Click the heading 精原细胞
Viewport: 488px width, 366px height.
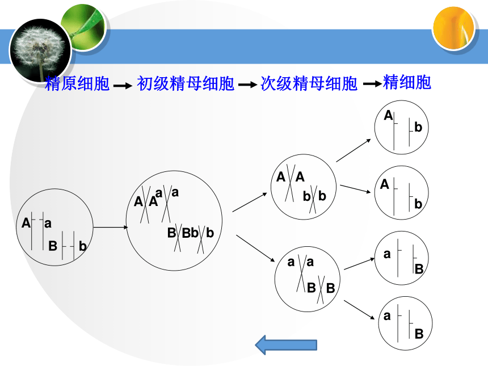point(77,83)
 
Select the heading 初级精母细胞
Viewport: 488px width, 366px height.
point(186,83)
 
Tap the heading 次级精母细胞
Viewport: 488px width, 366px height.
point(309,83)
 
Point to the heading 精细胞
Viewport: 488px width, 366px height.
point(407,82)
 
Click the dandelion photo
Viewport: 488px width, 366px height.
point(40,51)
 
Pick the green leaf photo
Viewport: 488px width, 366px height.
point(83,27)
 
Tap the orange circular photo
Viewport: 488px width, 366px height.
point(453,28)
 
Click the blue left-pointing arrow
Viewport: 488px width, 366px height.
point(286,345)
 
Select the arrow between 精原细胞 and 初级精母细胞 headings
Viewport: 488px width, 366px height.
point(123,86)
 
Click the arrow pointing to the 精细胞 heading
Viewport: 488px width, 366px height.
point(373,84)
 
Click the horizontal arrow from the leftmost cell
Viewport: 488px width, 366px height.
point(111,227)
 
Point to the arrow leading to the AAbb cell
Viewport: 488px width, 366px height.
point(250,203)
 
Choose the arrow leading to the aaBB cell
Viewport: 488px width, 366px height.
point(255,249)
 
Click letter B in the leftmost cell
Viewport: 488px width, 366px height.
point(53,246)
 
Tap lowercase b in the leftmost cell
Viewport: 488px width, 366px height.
point(82,246)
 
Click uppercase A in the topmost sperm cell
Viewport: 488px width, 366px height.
point(388,115)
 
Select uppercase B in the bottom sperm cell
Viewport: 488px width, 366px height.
point(419,334)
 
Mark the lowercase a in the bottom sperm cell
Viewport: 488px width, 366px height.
point(387,316)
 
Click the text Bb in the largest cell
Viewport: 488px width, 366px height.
point(190,233)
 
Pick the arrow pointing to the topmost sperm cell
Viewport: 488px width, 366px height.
point(354,150)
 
